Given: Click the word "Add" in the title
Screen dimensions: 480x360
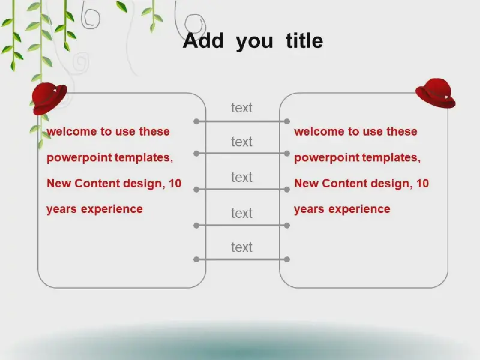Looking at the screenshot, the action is pyautogui.click(x=203, y=40).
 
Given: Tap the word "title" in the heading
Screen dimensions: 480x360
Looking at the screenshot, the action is pyautogui.click(x=304, y=40).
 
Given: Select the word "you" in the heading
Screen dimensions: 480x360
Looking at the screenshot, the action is pyautogui.click(x=254, y=43).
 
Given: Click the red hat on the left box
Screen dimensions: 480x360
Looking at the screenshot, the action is pyautogui.click(x=49, y=98).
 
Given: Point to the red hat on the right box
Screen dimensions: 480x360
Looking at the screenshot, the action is pyautogui.click(x=436, y=93).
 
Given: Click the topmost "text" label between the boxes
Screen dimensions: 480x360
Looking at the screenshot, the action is pyautogui.click(x=242, y=108).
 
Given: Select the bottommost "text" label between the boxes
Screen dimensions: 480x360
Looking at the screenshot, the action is pyautogui.click(x=242, y=247).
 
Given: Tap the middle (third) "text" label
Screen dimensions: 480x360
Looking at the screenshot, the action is pyautogui.click(x=242, y=177).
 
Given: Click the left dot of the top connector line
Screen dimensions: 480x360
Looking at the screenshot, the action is pyautogui.click(x=197, y=122).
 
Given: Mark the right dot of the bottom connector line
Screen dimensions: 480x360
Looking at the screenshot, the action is pyautogui.click(x=287, y=260).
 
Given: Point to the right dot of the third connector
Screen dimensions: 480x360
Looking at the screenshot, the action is pyautogui.click(x=287, y=190).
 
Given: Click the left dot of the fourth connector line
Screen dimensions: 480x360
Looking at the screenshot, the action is pyautogui.click(x=197, y=226).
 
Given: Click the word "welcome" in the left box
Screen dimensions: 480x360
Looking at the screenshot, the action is pyautogui.click(x=71, y=131).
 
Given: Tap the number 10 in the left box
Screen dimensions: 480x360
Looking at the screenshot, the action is pyautogui.click(x=175, y=184).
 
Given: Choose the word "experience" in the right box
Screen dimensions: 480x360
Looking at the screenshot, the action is pyautogui.click(x=359, y=209).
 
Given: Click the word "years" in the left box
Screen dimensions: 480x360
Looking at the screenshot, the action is pyautogui.click(x=62, y=210).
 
